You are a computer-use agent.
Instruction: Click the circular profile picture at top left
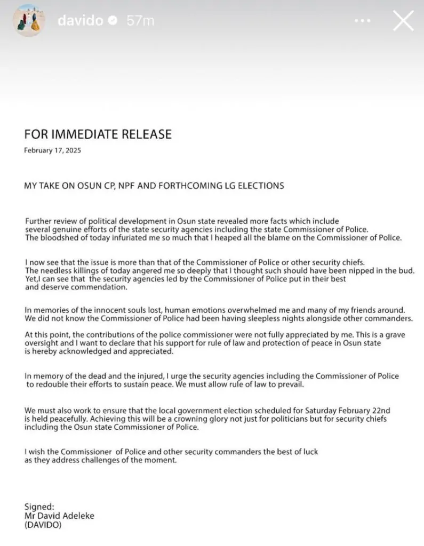tap(27, 21)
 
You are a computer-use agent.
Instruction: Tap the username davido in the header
tap(81, 21)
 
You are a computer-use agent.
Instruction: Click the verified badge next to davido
tap(113, 21)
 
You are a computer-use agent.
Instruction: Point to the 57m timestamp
tap(140, 21)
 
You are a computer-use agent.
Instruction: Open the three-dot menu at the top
tap(362, 21)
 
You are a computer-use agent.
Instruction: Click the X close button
tap(403, 21)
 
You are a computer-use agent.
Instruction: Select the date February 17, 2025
tap(52, 150)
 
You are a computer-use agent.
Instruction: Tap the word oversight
tap(43, 343)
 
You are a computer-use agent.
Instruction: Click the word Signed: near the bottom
tap(39, 507)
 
